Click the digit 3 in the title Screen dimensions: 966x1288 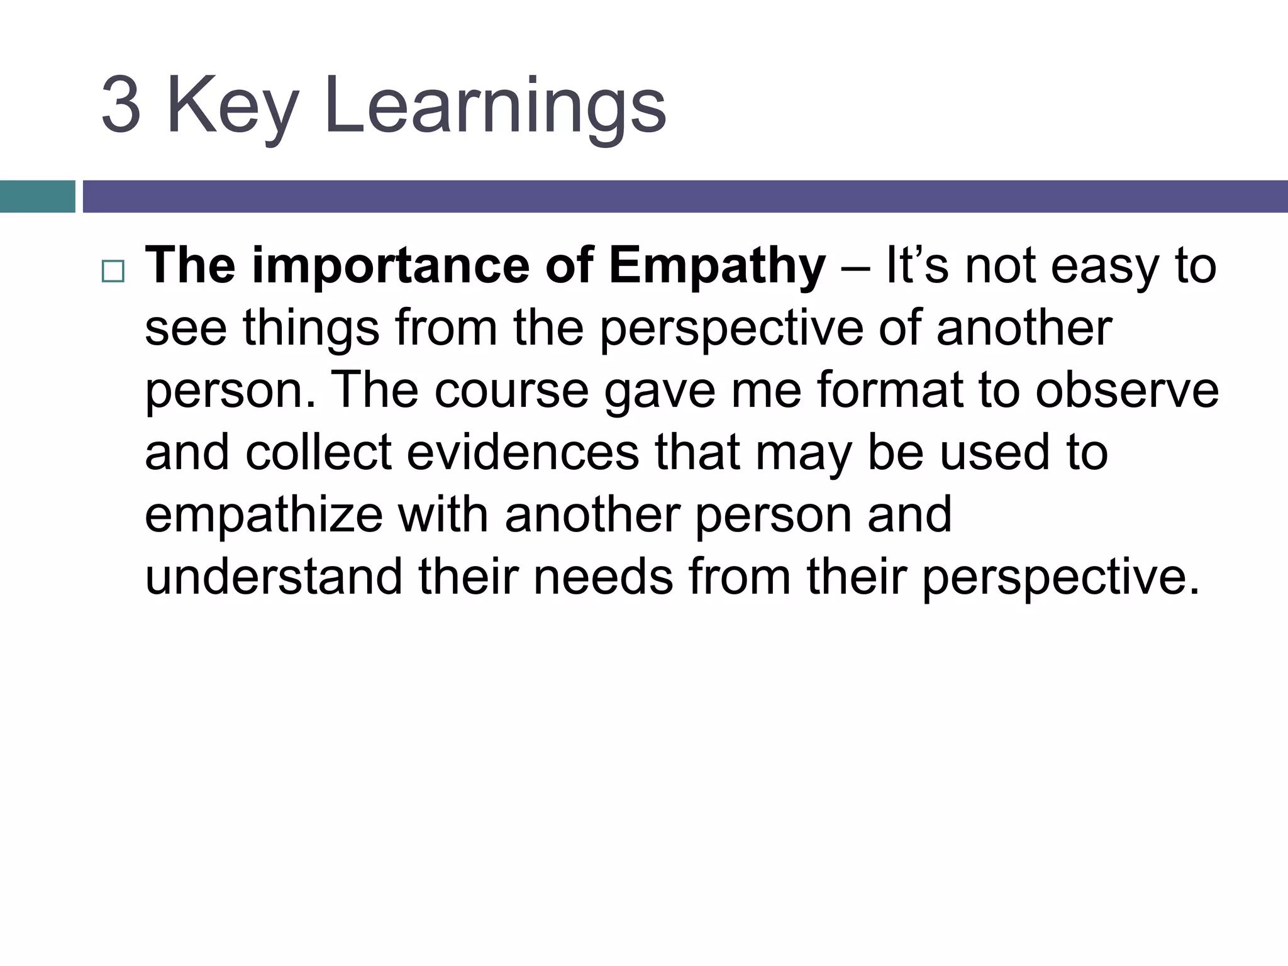[121, 105]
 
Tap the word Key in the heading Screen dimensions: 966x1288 [231, 107]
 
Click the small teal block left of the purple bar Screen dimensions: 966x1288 [37, 196]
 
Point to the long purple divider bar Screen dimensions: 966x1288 [684, 196]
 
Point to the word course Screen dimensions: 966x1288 [511, 391]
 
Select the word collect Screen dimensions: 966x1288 [319, 452]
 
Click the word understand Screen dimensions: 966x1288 [274, 577]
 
